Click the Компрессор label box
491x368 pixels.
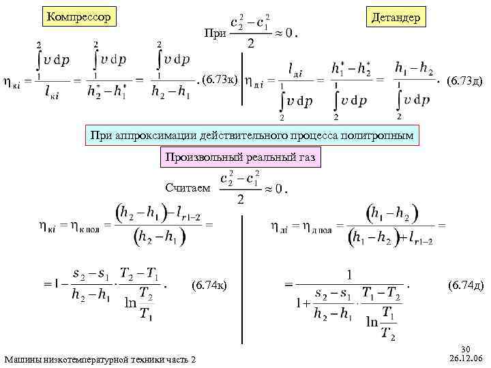[78, 16]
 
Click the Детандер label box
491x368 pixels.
[396, 16]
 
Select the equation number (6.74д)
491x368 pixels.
[466, 285]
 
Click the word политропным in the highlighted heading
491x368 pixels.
[378, 135]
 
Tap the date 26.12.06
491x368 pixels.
[466, 357]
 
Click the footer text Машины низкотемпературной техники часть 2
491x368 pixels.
[100, 359]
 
